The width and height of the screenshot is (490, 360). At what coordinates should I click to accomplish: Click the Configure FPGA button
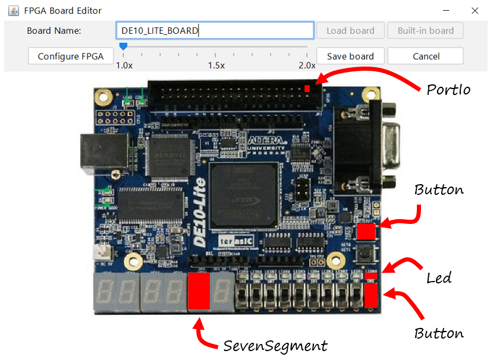(71, 56)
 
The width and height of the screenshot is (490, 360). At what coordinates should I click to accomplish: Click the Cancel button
(426, 56)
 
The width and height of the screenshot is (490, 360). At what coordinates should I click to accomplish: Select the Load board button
(350, 31)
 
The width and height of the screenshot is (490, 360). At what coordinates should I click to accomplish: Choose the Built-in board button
(425, 31)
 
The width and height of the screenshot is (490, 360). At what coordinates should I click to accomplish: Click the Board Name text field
(215, 31)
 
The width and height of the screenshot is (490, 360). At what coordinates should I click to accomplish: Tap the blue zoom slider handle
(123, 46)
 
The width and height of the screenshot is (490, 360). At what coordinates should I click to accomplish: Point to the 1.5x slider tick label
(216, 65)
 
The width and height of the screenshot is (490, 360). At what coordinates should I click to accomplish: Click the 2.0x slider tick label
(307, 65)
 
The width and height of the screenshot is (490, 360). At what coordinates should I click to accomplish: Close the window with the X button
(475, 11)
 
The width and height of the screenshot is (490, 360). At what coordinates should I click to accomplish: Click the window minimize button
(446, 11)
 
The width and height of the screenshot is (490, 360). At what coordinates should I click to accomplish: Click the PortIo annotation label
(448, 90)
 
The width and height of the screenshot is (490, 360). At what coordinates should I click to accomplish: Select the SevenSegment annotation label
(275, 345)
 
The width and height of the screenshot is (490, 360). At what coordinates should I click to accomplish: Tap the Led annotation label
(439, 277)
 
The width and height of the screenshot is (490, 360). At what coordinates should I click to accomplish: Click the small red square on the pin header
(307, 89)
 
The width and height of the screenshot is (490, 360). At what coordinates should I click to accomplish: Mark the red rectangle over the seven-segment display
(199, 292)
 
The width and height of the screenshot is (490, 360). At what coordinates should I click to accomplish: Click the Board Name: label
(54, 31)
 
